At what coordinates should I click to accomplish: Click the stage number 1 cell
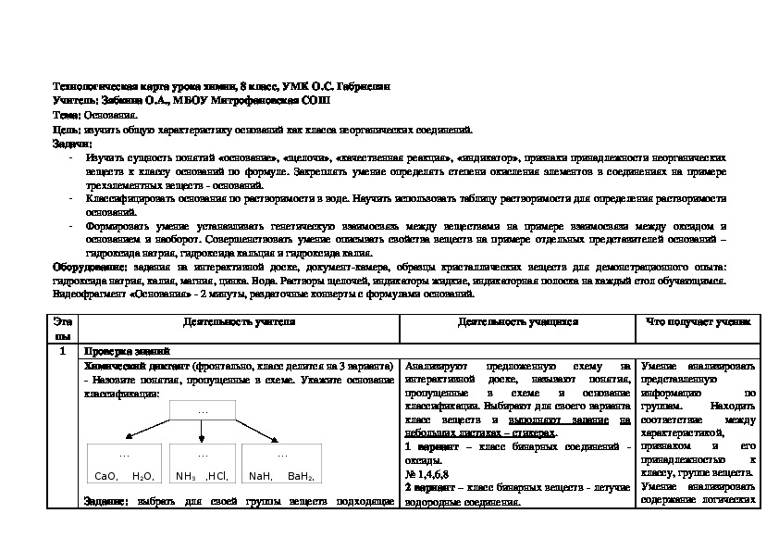[61, 352]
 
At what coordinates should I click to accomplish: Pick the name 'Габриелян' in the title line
[365, 85]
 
